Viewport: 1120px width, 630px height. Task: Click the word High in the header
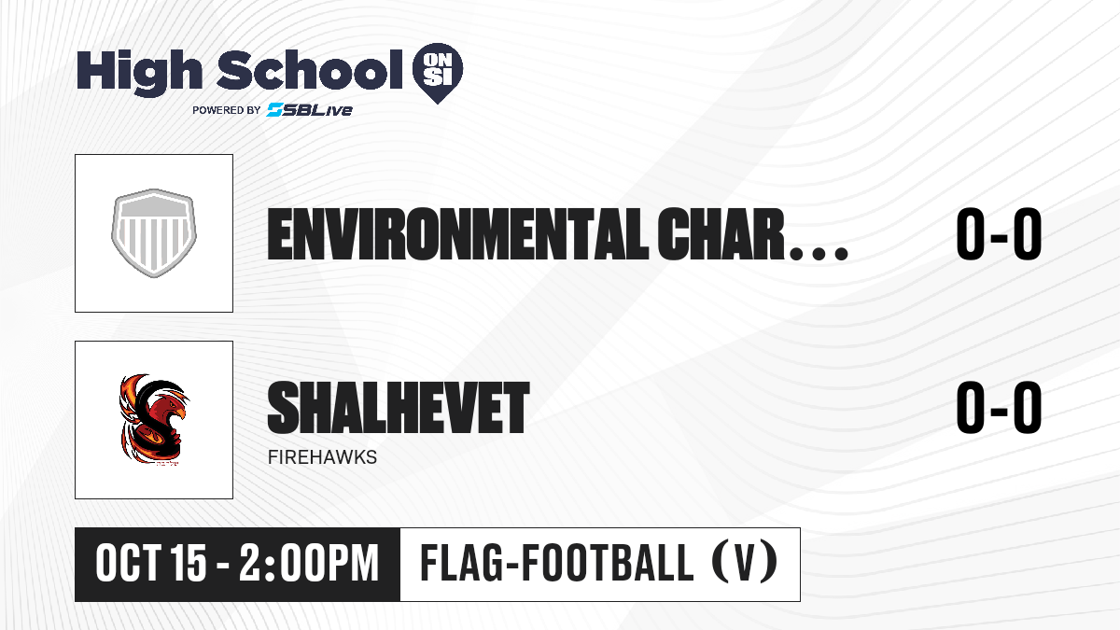tap(140, 72)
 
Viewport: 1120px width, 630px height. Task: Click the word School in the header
tap(310, 69)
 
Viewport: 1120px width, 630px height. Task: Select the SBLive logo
tap(310, 110)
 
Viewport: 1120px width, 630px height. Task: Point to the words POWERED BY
tap(227, 110)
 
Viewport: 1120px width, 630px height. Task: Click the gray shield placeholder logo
tap(154, 233)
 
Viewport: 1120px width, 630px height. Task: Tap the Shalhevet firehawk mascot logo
tap(153, 420)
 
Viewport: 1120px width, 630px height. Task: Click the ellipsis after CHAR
tap(819, 253)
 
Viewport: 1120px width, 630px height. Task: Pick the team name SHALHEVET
tap(398, 408)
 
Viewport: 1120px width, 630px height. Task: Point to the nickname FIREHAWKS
tap(323, 457)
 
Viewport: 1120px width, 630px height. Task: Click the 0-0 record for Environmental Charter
tap(999, 234)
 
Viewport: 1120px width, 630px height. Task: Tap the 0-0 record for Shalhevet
tap(999, 408)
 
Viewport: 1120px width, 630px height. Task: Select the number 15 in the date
tap(189, 563)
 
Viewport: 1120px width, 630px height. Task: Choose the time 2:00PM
tap(309, 563)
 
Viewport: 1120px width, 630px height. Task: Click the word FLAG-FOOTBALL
tap(557, 563)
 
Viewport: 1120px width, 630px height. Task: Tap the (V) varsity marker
tap(745, 563)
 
